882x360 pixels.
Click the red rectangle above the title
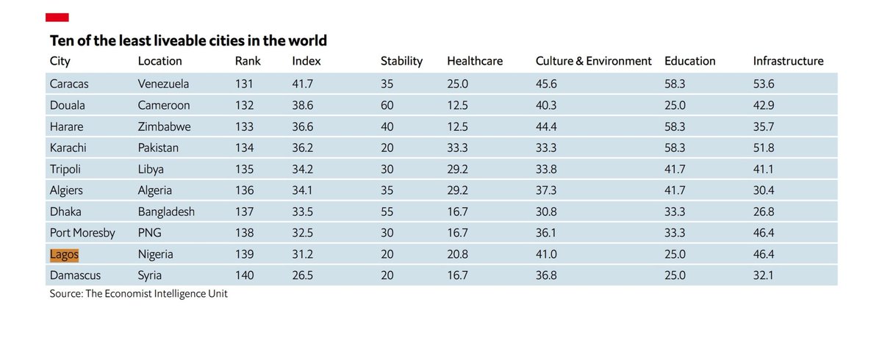[57, 17]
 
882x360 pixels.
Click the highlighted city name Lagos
[64, 254]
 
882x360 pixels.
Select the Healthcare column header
[475, 61]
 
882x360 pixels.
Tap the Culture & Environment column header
[593, 61]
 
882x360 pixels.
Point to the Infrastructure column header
[788, 61]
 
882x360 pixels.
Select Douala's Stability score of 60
[387, 105]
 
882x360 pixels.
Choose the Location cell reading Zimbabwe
[164, 126]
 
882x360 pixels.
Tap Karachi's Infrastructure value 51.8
[764, 148]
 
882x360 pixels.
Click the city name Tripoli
[66, 169]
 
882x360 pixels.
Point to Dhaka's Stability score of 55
[387, 212]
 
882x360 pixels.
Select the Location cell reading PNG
[149, 233]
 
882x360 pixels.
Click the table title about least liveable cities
[188, 40]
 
